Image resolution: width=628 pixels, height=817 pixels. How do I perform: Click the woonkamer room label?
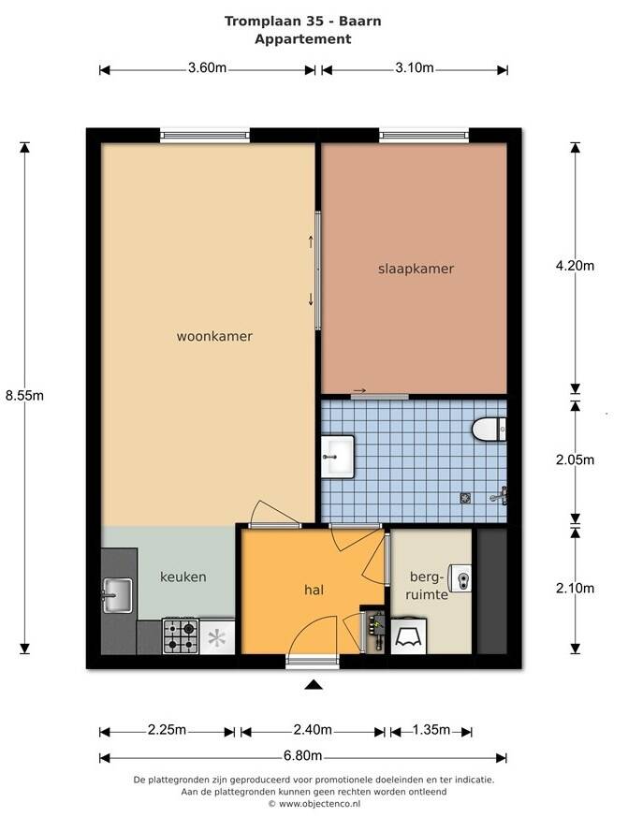(x=214, y=336)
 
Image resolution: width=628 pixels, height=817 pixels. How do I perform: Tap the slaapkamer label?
(x=416, y=269)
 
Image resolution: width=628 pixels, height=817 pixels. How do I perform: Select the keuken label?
(x=183, y=576)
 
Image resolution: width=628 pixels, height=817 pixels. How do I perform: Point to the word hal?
(x=314, y=590)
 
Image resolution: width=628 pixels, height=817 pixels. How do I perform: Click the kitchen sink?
(x=117, y=595)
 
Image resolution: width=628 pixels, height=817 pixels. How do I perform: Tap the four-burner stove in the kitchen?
(x=181, y=635)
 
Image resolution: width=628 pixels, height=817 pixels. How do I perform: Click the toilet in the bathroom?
(x=489, y=430)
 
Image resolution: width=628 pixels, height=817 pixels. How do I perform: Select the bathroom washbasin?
(x=337, y=457)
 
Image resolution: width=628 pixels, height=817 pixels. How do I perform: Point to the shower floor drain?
(x=465, y=498)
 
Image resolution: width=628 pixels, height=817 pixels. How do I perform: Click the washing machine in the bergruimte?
(x=409, y=635)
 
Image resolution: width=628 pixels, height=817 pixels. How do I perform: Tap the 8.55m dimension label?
(x=24, y=396)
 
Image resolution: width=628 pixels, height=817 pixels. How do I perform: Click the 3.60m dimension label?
(x=208, y=67)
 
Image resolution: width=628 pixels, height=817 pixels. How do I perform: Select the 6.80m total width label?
(x=303, y=755)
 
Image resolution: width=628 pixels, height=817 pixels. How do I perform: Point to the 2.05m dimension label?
(x=575, y=460)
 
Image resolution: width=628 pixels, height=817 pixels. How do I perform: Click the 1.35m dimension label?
(x=431, y=729)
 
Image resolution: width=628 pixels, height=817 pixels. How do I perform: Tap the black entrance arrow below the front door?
(x=314, y=684)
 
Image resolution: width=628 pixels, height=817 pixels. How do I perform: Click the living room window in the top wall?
(x=205, y=136)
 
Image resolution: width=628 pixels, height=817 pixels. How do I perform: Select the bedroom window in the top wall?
(x=424, y=136)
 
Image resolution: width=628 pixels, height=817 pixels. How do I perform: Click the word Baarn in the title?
(x=360, y=21)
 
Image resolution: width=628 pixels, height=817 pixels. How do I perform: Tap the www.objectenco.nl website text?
(x=319, y=804)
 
